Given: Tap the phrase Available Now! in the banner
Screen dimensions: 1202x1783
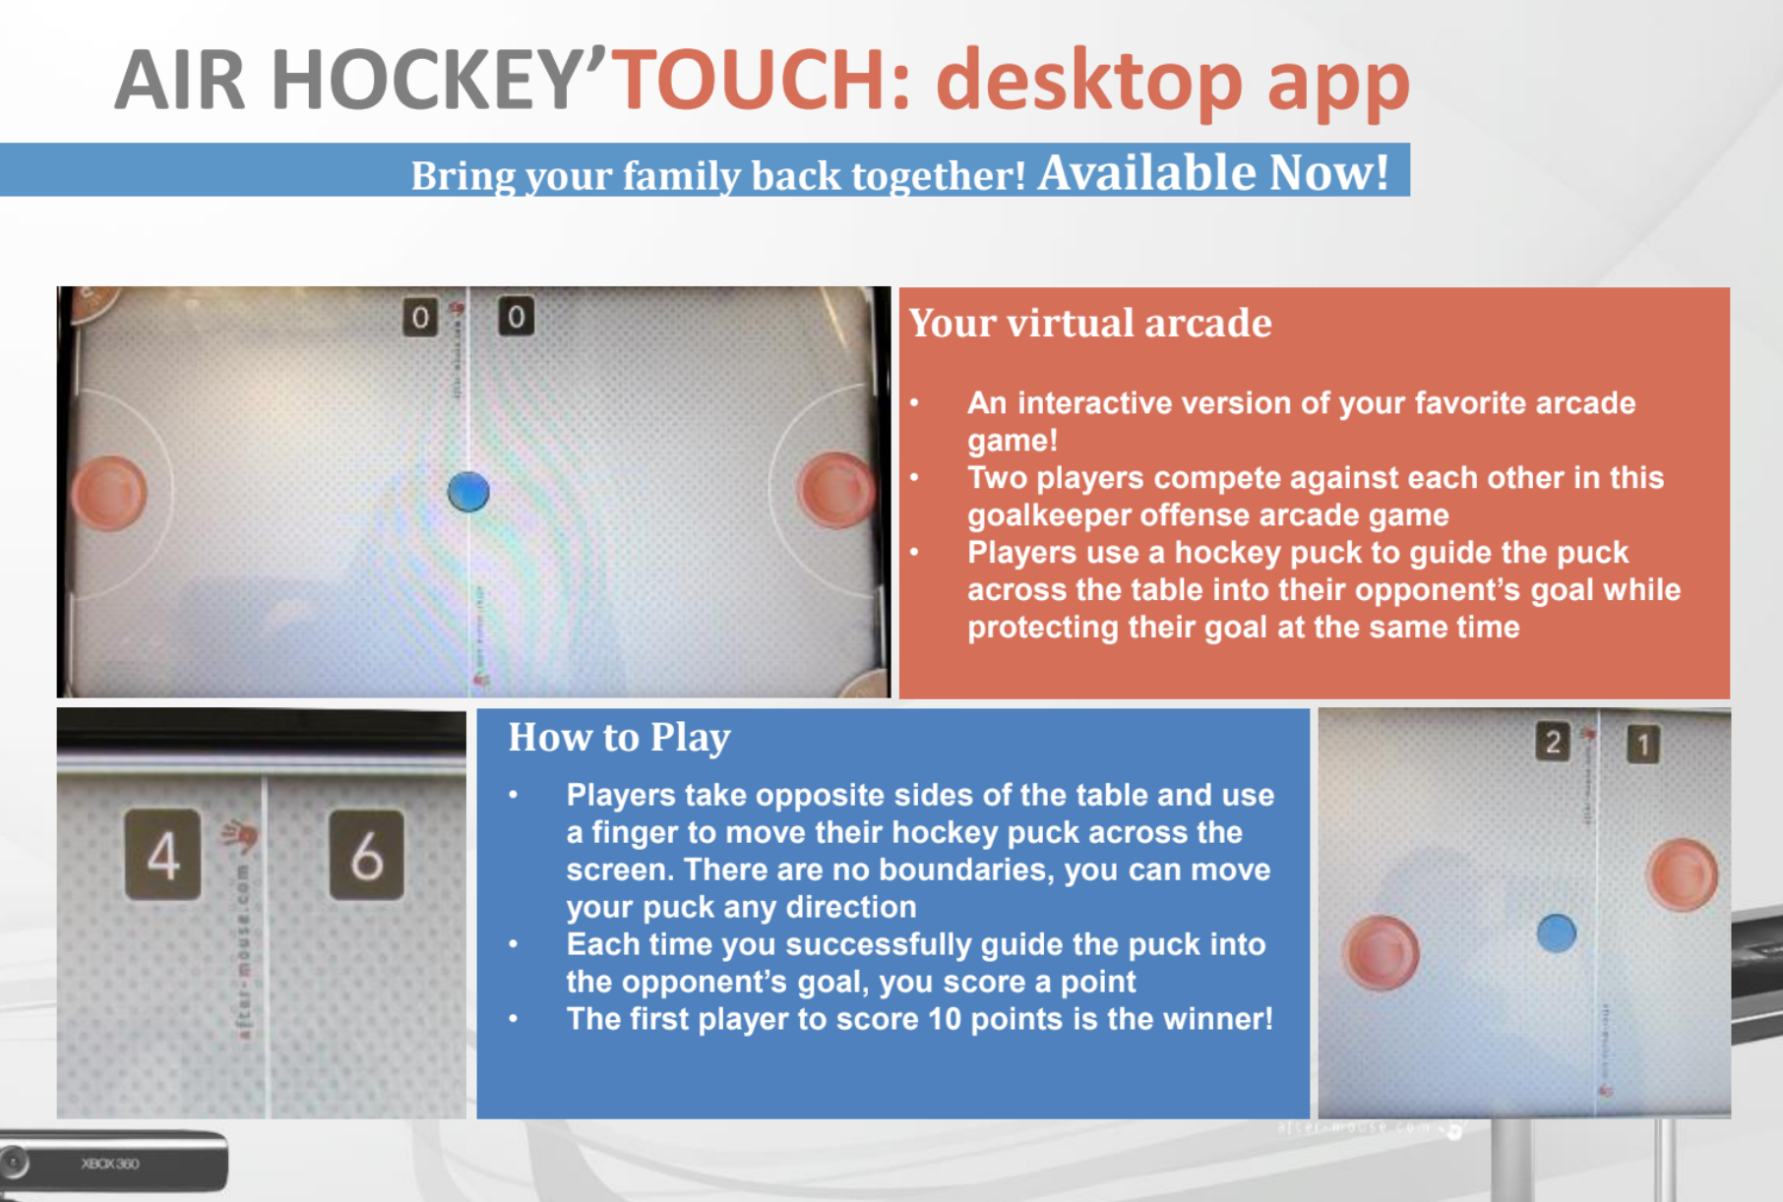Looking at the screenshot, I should pyautogui.click(x=1212, y=172).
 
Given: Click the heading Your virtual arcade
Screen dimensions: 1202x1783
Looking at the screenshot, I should pyautogui.click(x=1089, y=323).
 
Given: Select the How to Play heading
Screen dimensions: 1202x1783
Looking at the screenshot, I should pyautogui.click(x=619, y=737).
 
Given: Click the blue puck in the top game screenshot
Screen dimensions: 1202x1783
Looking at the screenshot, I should pyautogui.click(x=468, y=492).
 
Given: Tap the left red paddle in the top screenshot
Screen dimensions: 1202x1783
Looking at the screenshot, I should pyautogui.click(x=110, y=493).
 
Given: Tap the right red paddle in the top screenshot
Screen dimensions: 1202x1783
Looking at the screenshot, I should pyautogui.click(x=835, y=489).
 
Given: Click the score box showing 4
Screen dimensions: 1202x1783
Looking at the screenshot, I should pyautogui.click(x=163, y=855).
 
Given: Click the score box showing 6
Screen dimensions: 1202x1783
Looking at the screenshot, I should pyautogui.click(x=366, y=855).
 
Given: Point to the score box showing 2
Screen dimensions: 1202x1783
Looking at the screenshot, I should pyautogui.click(x=1553, y=742).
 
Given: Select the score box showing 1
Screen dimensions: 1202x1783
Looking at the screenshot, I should pyautogui.click(x=1642, y=744).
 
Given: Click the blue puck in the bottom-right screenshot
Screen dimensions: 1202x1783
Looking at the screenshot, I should pyautogui.click(x=1556, y=932).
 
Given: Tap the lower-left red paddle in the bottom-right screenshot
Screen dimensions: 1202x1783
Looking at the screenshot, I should pyautogui.click(x=1382, y=951).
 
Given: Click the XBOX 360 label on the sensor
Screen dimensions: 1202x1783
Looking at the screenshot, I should pyautogui.click(x=110, y=1164).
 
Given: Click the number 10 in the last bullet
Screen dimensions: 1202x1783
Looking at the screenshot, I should pyautogui.click(x=944, y=1019).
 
